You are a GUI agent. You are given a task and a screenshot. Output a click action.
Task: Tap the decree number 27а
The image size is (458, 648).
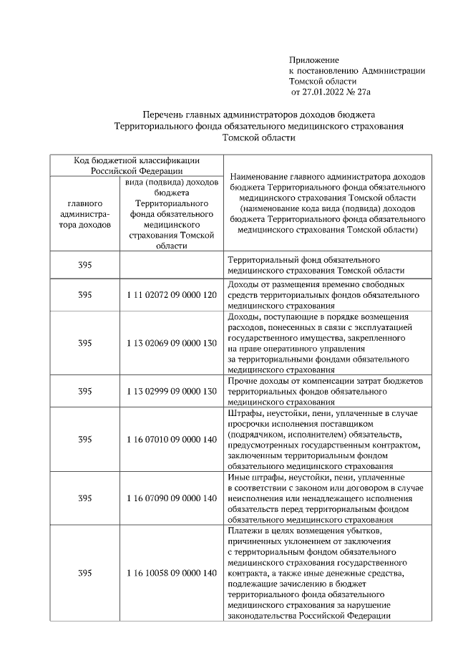point(364,92)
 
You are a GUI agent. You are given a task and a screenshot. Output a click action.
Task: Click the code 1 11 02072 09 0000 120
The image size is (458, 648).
point(171,294)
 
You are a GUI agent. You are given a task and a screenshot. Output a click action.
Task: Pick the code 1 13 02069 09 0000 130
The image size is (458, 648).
point(171,343)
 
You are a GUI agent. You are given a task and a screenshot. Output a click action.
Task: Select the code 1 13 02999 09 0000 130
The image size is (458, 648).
point(171,391)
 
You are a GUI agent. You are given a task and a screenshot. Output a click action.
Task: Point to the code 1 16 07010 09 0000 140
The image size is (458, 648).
point(171,439)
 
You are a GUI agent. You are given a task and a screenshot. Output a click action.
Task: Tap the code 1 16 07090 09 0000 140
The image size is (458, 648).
point(171,498)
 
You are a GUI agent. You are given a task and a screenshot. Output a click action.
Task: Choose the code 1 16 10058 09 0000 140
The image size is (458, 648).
point(171,573)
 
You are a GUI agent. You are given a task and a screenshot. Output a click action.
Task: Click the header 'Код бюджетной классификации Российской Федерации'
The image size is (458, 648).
point(137,165)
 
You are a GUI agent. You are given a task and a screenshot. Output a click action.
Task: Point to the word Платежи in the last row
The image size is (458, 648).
point(244,531)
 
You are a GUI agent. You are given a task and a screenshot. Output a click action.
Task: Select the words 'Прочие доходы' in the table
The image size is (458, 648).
point(258,380)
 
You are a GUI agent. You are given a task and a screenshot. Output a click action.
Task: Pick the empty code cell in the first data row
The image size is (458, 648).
point(171,265)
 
